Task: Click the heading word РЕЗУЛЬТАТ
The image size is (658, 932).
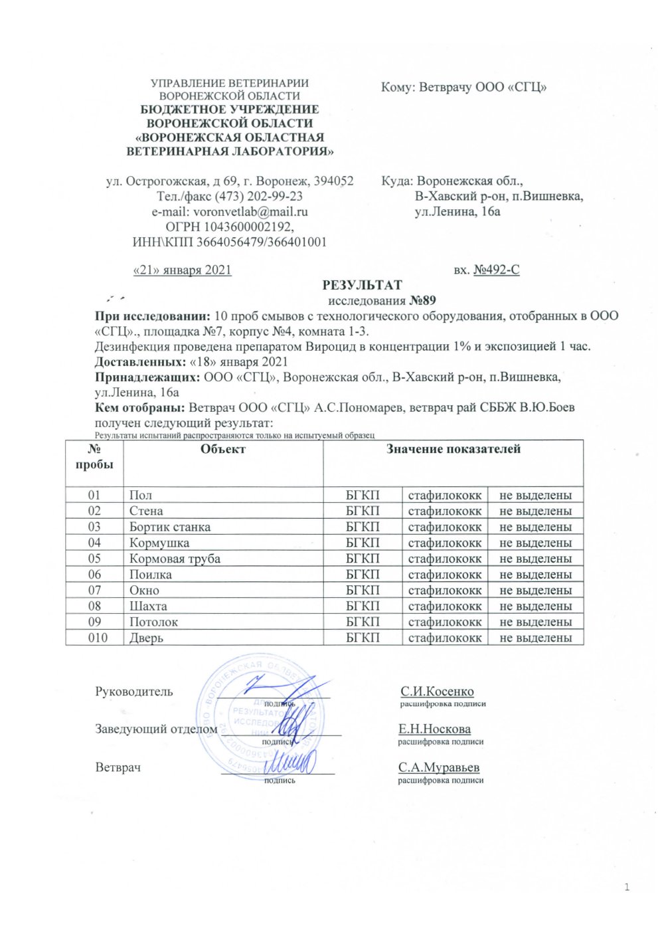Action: (362, 285)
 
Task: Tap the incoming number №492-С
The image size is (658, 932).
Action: (496, 270)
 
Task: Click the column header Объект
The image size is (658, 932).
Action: (223, 449)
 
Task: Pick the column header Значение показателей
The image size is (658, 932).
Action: (453, 449)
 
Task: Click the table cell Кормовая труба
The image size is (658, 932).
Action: (175, 559)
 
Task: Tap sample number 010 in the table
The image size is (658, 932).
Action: (94, 638)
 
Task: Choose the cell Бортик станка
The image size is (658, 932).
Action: (170, 527)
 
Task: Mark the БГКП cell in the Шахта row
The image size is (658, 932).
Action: (363, 606)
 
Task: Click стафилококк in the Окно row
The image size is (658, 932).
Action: (444, 590)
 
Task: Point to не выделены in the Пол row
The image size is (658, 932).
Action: (535, 495)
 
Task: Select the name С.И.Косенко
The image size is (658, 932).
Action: (437, 692)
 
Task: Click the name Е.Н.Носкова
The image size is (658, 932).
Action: (434, 729)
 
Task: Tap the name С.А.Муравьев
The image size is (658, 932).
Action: (439, 767)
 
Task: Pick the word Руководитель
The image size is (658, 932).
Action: (134, 692)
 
